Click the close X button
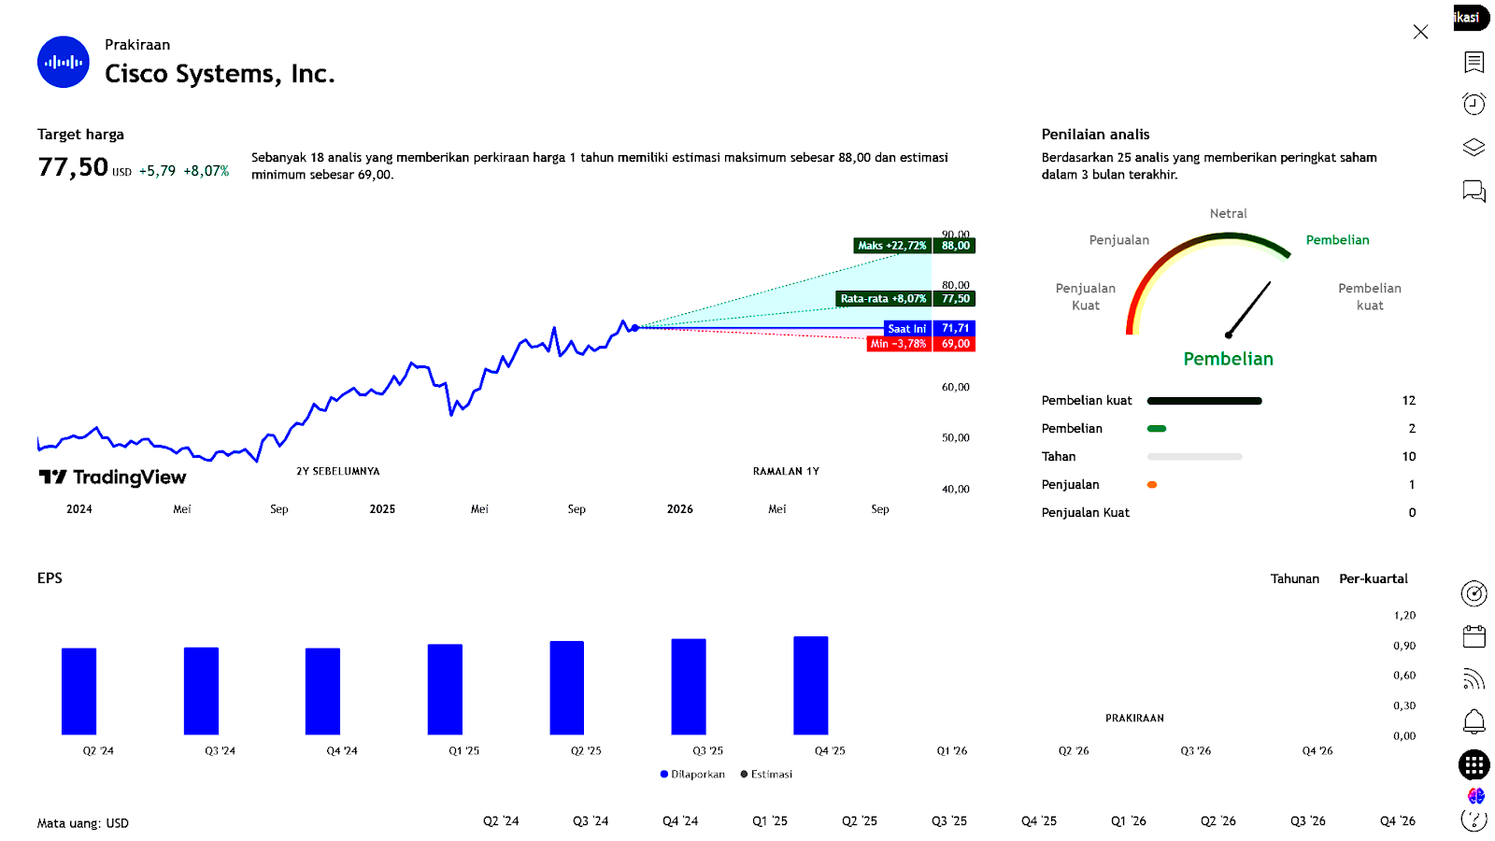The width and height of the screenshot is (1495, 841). point(1420,32)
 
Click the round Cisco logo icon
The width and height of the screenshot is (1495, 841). point(64,62)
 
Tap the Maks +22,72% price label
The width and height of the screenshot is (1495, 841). point(892,246)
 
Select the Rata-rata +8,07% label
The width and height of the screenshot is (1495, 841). point(883,299)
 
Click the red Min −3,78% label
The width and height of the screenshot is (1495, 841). point(899,344)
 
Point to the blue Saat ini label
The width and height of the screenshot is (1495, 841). point(907,328)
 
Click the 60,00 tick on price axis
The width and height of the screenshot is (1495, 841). point(955,387)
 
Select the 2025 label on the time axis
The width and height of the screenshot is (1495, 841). point(382,509)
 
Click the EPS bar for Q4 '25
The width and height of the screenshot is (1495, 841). point(810,685)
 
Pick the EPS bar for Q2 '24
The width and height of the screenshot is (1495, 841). point(79,691)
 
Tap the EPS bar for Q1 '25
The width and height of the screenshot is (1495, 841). point(445,689)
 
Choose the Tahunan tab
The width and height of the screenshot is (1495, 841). point(1294,579)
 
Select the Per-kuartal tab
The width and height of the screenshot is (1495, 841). point(1373,579)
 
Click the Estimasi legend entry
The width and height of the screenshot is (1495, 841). point(766,774)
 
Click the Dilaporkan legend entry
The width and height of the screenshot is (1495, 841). point(692,774)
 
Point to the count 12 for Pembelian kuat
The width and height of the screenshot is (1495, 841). point(1408,401)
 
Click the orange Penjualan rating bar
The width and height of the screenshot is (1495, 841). point(1152,485)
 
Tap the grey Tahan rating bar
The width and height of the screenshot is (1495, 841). point(1194,457)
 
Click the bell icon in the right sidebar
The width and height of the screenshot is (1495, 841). point(1474,721)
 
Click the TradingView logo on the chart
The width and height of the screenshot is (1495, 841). point(112,478)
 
